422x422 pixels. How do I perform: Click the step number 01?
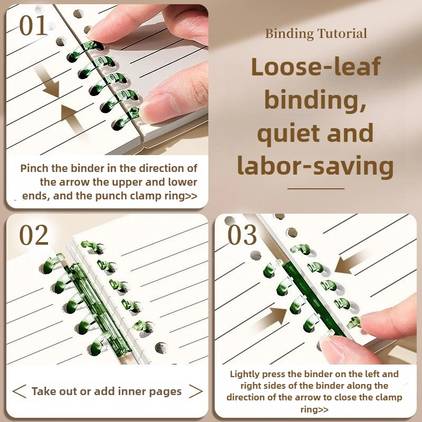click(x=33, y=25)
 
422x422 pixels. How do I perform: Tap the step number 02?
click(x=34, y=235)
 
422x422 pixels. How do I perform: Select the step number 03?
click(x=242, y=235)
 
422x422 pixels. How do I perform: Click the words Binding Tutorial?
click(x=316, y=34)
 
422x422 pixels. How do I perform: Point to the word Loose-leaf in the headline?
click(x=316, y=66)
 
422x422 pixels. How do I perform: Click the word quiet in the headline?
click(x=288, y=134)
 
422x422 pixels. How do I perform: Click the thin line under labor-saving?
click(x=316, y=189)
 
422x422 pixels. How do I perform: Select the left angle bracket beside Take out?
click(x=20, y=391)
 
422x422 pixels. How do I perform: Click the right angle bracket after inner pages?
click(x=196, y=391)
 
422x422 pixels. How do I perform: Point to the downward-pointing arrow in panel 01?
click(x=48, y=82)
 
